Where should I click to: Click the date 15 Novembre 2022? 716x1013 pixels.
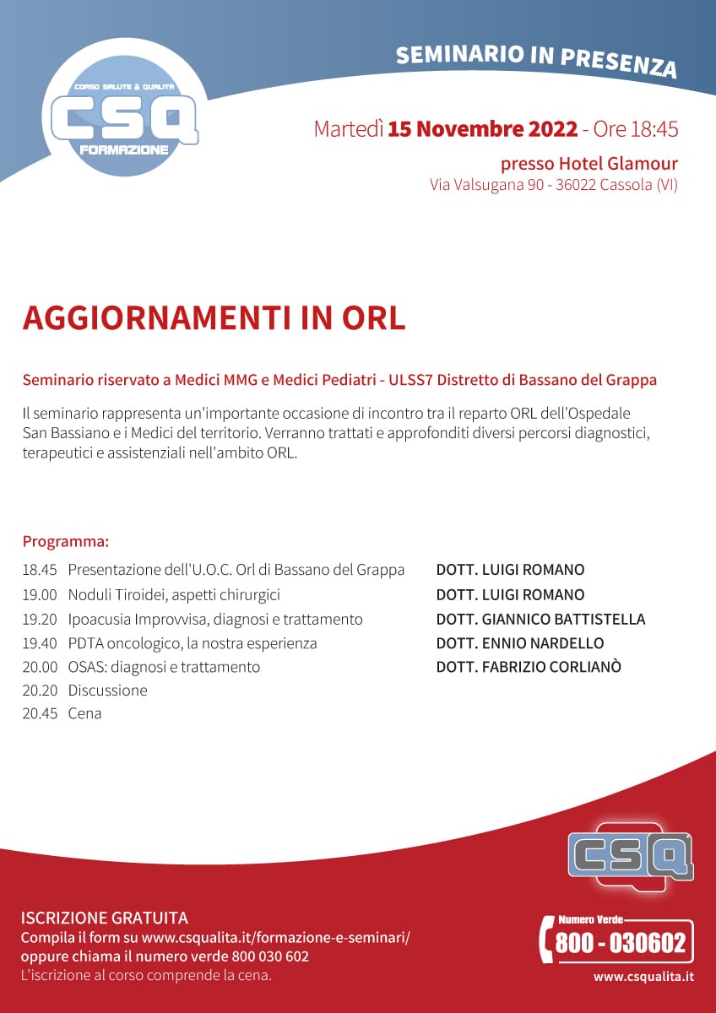(483, 129)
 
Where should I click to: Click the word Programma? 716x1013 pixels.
(65, 541)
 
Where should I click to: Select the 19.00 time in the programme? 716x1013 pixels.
(40, 594)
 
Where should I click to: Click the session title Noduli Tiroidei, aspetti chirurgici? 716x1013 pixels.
(174, 594)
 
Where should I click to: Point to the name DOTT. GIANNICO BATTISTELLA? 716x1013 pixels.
(540, 619)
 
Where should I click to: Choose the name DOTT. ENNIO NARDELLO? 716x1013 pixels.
(520, 643)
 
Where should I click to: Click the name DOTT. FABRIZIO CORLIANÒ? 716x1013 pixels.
(529, 667)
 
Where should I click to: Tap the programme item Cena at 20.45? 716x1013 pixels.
(84, 713)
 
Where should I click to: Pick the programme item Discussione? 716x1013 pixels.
(107, 691)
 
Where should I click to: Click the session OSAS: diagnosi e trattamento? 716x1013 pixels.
(164, 667)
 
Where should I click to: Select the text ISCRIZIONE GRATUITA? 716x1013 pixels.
(104, 918)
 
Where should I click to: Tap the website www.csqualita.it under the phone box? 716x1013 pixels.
(643, 977)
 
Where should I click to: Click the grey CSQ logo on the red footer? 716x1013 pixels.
(630, 853)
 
